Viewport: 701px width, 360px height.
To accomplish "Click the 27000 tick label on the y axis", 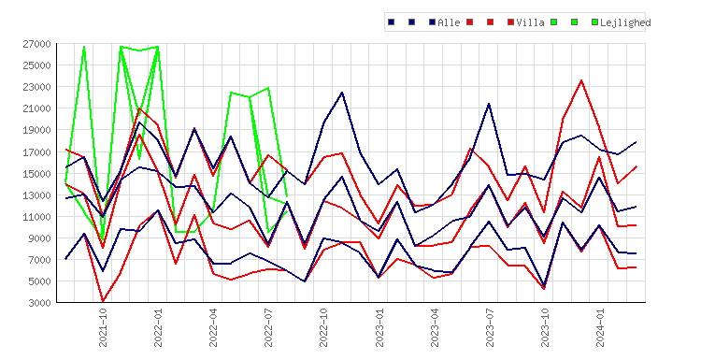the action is click(36, 44).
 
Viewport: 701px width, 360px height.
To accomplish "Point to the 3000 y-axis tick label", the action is click(39, 303).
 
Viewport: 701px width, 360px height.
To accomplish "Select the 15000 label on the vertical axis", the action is click(36, 174).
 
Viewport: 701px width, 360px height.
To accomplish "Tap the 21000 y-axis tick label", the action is click(36, 108).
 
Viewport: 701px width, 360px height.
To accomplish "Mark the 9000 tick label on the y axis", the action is click(39, 238).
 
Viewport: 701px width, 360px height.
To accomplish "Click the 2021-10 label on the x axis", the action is click(103, 327).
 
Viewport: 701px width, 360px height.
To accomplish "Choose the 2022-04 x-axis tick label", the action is click(213, 327).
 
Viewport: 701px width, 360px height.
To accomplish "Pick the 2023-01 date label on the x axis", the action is click(379, 327).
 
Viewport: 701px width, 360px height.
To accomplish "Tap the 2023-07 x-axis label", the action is click(490, 327).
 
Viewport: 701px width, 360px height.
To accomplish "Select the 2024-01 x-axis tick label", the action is click(600, 327).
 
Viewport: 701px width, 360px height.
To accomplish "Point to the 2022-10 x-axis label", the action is click(323, 327).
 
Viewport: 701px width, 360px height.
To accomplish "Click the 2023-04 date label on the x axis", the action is click(434, 327).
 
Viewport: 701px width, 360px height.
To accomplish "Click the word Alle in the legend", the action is click(449, 22).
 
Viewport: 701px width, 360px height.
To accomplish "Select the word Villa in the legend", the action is click(530, 22).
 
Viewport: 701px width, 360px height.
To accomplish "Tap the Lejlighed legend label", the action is click(625, 22).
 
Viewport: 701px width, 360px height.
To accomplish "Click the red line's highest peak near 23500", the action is click(581, 80).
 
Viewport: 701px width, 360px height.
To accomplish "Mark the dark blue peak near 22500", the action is click(342, 93).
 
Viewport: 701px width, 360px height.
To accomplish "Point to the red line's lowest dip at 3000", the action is click(103, 301).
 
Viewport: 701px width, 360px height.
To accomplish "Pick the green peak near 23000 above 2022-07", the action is click(268, 88).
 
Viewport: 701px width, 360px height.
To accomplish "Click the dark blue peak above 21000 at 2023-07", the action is click(489, 104).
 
